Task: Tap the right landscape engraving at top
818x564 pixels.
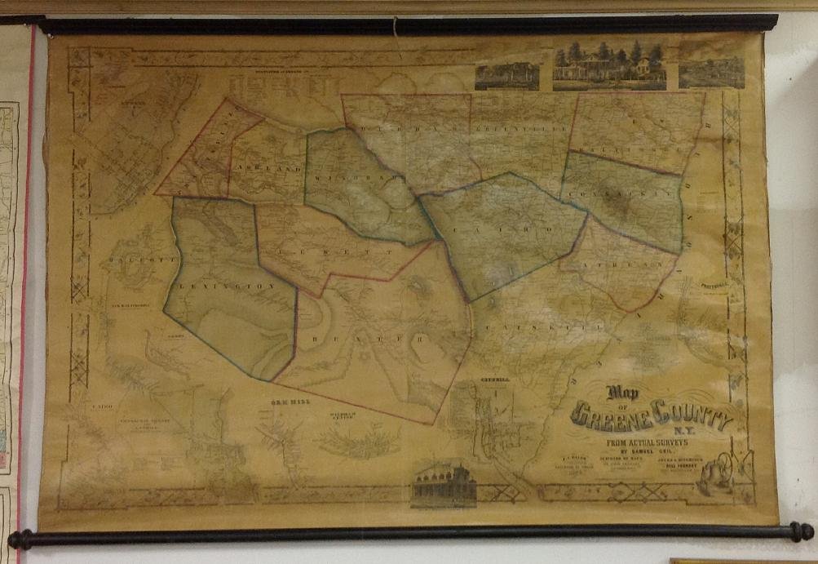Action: click(711, 69)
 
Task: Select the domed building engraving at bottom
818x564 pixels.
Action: click(444, 485)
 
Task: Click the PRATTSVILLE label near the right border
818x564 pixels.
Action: click(718, 287)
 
